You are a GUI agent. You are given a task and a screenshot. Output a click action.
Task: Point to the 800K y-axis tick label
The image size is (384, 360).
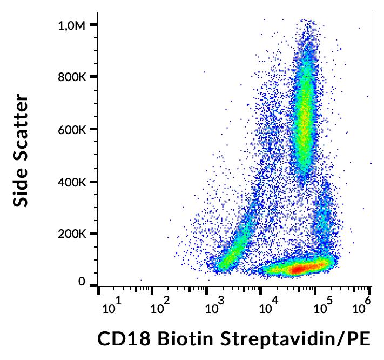[x=72, y=77]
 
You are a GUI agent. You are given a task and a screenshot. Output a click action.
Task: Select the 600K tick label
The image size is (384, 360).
[x=72, y=129]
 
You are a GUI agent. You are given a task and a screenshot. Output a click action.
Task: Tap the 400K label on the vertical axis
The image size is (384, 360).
[x=72, y=182]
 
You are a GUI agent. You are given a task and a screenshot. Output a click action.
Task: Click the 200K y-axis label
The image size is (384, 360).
[x=72, y=234]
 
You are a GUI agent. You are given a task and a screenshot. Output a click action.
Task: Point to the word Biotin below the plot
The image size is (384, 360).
[x=179, y=339]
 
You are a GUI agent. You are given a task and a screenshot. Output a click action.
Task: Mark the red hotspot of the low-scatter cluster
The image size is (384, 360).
[x=300, y=268]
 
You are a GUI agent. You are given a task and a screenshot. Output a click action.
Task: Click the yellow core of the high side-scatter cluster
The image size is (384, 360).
[x=306, y=116]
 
